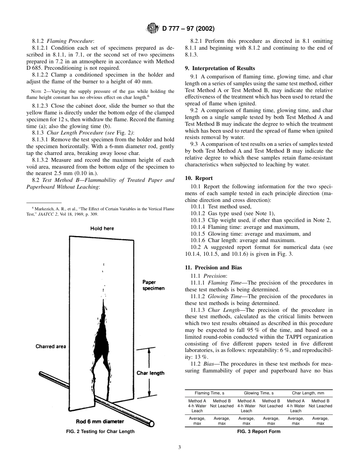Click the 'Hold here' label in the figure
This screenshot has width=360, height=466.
pyautogui.click(x=102, y=228)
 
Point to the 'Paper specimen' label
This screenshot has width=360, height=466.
pyautogui.click(x=153, y=285)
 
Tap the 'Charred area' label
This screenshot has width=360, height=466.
pyautogui.click(x=51, y=346)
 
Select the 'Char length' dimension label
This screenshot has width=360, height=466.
pyautogui.click(x=150, y=373)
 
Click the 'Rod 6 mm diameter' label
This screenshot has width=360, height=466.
pyautogui.click(x=100, y=421)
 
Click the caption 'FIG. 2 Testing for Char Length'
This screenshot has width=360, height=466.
pyautogui.click(x=100, y=431)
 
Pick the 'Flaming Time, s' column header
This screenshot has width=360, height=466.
pyautogui.click(x=210, y=393)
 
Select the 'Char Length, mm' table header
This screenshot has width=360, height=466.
pyautogui.click(x=308, y=393)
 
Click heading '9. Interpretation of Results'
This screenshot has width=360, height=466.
pyautogui.click(x=220, y=69)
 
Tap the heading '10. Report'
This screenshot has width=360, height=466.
pyautogui.click(x=199, y=178)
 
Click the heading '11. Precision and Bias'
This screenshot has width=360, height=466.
pyautogui.click(x=213, y=267)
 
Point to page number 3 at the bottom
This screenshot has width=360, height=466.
pyautogui.click(x=180, y=447)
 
